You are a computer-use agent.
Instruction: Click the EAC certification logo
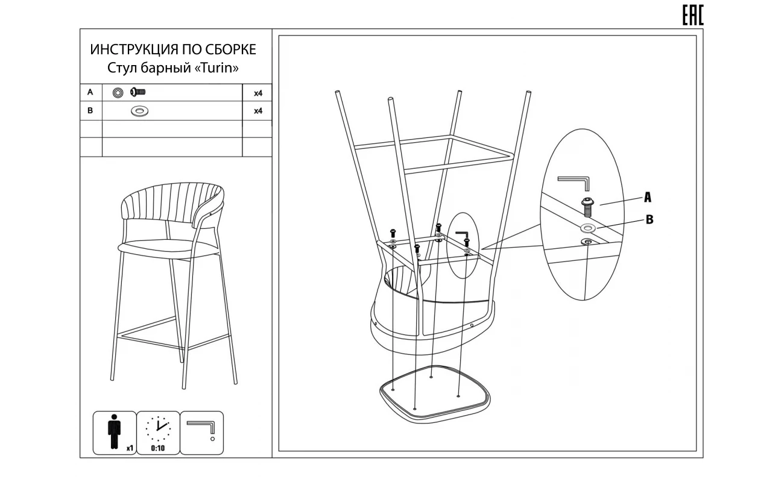693,16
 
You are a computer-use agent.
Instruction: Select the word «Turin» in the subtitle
217,68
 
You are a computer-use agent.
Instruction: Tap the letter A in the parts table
90,92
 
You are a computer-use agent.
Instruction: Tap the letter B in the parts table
90,110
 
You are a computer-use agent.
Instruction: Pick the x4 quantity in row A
258,93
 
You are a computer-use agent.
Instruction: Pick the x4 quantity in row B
258,111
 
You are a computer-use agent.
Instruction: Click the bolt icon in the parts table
138,92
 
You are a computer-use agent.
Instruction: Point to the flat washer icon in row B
139,111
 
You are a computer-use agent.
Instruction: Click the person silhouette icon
114,431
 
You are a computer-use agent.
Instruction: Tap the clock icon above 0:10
158,429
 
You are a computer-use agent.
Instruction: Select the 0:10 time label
158,448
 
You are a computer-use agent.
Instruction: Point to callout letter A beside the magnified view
648,197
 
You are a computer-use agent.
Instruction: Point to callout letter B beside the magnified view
650,220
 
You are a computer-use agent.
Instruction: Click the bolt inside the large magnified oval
587,207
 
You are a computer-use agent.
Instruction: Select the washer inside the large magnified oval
588,228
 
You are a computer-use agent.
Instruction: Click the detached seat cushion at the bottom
435,395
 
